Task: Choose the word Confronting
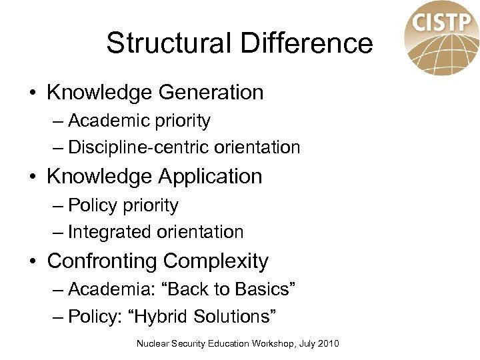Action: (x=102, y=261)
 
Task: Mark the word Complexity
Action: (x=216, y=261)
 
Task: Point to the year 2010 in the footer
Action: (x=328, y=344)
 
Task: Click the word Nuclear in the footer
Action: (x=152, y=344)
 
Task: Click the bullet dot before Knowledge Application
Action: (x=32, y=177)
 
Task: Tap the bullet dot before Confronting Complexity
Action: (x=32, y=261)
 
